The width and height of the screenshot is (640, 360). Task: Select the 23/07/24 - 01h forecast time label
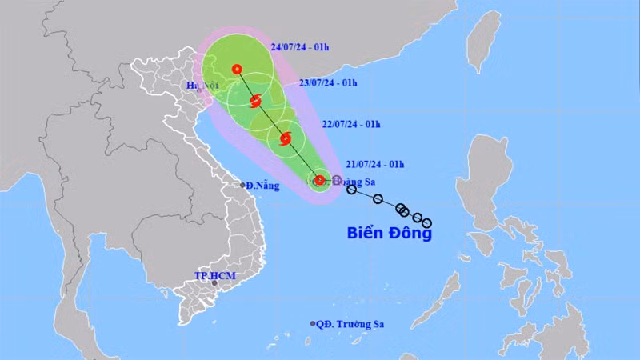pyautogui.click(x=329, y=82)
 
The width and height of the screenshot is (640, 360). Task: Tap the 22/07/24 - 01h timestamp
pyautogui.click(x=351, y=124)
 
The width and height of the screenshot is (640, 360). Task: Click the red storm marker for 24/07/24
pyautogui.click(x=236, y=69)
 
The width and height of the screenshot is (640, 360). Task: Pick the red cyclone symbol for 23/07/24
pyautogui.click(x=256, y=101)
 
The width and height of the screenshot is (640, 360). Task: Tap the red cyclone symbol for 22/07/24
pyautogui.click(x=286, y=139)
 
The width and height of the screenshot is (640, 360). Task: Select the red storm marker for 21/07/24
pyautogui.click(x=319, y=180)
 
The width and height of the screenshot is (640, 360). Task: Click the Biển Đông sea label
pyautogui.click(x=390, y=234)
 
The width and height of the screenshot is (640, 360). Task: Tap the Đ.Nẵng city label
pyautogui.click(x=263, y=185)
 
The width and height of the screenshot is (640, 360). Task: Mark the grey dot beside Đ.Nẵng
pyautogui.click(x=243, y=185)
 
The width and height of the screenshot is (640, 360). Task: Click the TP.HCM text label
pyautogui.click(x=211, y=275)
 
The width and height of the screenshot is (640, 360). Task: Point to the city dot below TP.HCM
pyautogui.click(x=214, y=283)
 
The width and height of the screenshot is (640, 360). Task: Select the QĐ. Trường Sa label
pyautogui.click(x=352, y=324)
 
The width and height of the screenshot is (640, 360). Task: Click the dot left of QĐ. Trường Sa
pyautogui.click(x=313, y=324)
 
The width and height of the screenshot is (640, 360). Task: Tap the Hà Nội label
pyautogui.click(x=202, y=85)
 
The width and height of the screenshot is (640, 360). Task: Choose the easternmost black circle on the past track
pyautogui.click(x=426, y=222)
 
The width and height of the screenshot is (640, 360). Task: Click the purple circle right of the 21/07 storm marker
pyautogui.click(x=337, y=180)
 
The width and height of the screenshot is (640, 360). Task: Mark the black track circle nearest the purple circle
pyautogui.click(x=351, y=190)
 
